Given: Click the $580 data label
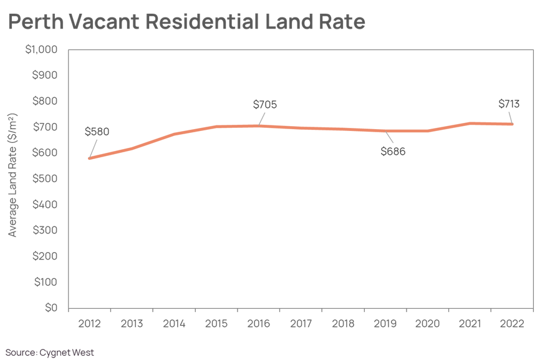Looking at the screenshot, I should pyautogui.click(x=97, y=132).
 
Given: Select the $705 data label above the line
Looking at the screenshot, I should pyautogui.click(x=265, y=105).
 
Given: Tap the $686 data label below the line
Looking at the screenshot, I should pyautogui.click(x=393, y=152).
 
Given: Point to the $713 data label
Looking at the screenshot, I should pyautogui.click(x=509, y=104).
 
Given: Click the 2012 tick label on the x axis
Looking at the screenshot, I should pyautogui.click(x=89, y=324).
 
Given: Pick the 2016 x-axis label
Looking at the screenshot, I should pyautogui.click(x=259, y=324).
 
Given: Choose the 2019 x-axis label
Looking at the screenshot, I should pyautogui.click(x=385, y=324).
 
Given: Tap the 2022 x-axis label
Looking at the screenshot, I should pyautogui.click(x=512, y=324).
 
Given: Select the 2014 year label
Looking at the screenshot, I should pyautogui.click(x=174, y=324).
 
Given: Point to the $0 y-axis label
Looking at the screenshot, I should pyautogui.click(x=50, y=308).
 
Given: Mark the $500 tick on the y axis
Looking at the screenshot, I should pyautogui.click(x=45, y=178).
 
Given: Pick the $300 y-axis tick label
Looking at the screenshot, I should pyautogui.click(x=45, y=230).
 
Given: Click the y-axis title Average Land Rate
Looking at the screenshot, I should pyautogui.click(x=13, y=175).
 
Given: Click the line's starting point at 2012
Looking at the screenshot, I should pyautogui.click(x=90, y=158).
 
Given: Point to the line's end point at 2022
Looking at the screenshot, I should pyautogui.click(x=512, y=124).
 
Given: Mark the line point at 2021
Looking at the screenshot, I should pyautogui.click(x=470, y=124).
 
